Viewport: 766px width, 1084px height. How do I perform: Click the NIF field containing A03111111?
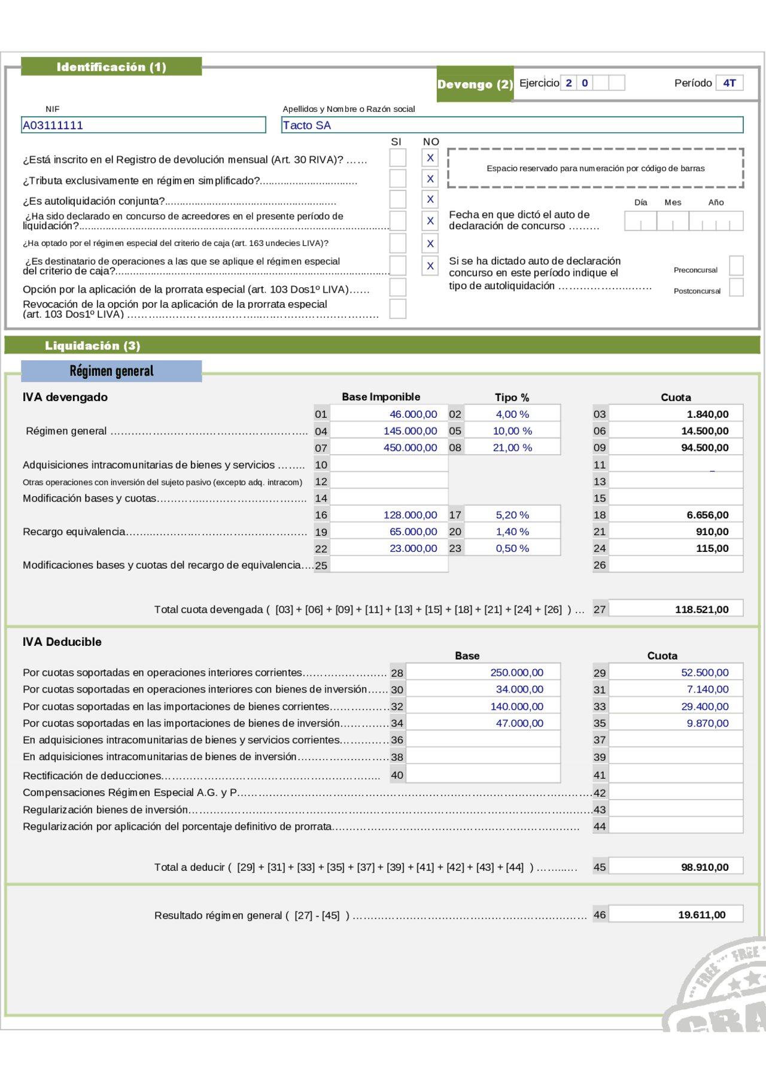pos(143,125)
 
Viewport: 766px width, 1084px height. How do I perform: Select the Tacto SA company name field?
pos(512,125)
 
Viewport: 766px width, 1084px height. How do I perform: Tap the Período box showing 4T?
pos(729,83)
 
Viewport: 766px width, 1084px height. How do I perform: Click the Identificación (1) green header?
pos(111,67)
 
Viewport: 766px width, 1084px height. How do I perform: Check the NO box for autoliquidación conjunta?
pos(430,199)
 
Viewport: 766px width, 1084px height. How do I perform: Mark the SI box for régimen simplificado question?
pos(397,178)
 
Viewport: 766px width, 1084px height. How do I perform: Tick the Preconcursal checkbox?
pos(736,266)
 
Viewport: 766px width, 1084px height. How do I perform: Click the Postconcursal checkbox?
pos(736,287)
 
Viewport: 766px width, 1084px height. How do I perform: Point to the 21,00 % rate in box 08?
pos(512,448)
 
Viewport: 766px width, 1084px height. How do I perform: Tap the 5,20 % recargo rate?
pos(512,515)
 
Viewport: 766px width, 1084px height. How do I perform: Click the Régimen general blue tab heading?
pos(111,371)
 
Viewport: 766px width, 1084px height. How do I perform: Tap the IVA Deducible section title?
pos(62,642)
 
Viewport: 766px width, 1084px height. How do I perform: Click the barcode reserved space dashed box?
pos(595,168)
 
